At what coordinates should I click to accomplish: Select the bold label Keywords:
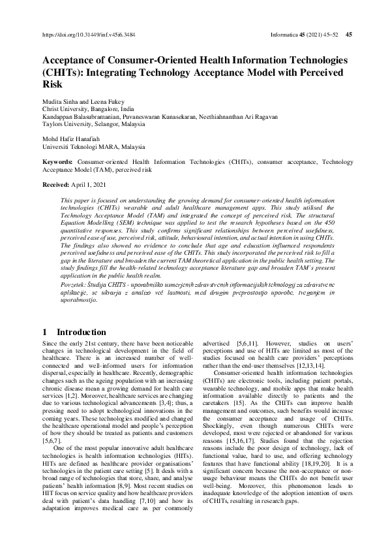tap(57, 160)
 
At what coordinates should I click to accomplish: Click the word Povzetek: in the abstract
tap(76, 284)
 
